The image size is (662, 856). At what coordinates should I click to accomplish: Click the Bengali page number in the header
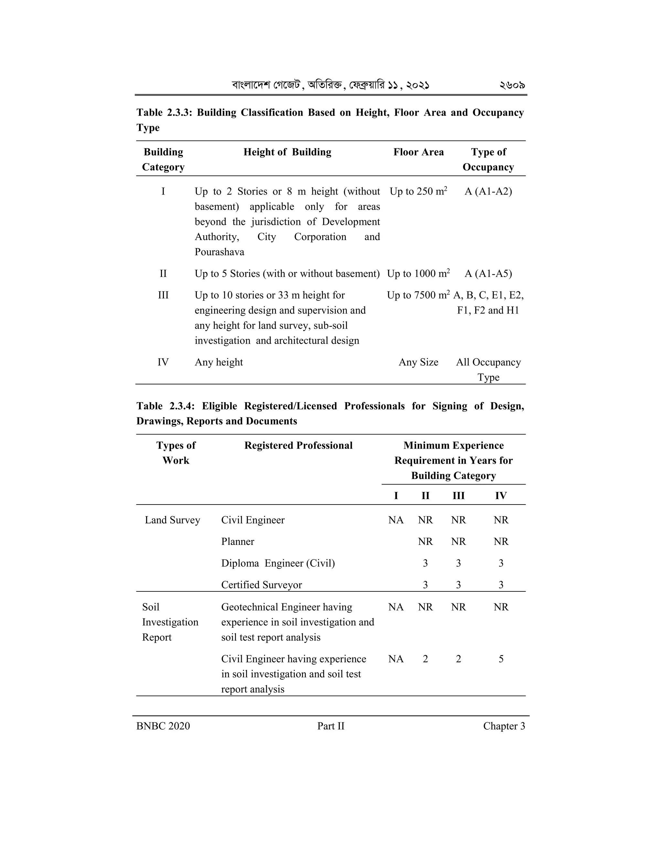point(512,85)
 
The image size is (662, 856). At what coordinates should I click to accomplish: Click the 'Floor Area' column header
point(419,152)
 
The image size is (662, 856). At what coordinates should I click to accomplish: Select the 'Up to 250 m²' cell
point(418,192)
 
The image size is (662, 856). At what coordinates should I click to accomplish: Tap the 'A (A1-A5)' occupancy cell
point(488,274)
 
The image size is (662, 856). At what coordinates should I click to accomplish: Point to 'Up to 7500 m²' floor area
point(418,296)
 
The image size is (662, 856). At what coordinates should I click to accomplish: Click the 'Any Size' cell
point(419,362)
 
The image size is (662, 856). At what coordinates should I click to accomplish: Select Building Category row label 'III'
point(163,295)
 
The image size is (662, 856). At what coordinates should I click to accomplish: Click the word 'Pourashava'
point(219,252)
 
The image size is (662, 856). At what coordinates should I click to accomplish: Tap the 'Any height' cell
point(219,362)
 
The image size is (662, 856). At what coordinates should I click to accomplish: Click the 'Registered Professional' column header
point(298,446)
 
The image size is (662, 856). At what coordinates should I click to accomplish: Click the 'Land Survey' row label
point(173,520)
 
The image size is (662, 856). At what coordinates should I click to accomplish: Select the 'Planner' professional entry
point(238,542)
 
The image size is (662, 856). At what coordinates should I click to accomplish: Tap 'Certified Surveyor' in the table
point(262,585)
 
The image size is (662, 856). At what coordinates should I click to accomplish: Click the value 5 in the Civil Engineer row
point(501,659)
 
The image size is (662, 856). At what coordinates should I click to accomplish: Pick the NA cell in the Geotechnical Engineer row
point(396,607)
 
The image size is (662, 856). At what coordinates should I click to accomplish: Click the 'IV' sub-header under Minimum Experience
point(501,496)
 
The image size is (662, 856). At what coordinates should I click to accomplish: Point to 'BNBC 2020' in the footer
point(163,726)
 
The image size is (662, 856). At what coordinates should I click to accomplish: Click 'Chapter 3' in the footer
point(504,726)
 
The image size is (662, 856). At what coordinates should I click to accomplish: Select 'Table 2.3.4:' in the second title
point(165,406)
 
